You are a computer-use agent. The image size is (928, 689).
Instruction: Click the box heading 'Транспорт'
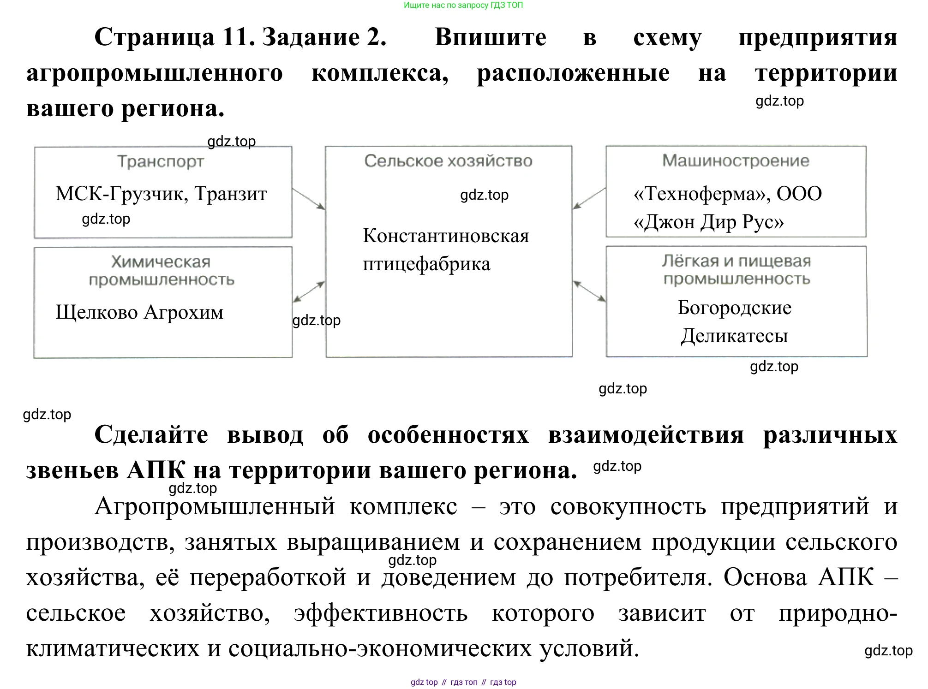[161, 161]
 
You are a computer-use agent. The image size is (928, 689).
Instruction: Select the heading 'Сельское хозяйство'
[448, 160]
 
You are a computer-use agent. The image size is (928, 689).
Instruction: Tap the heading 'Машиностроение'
[736, 160]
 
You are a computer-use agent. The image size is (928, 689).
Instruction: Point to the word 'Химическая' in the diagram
[161, 262]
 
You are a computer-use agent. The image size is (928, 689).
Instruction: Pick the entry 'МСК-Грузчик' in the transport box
[121, 194]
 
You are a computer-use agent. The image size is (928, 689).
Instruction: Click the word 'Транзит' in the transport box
[230, 194]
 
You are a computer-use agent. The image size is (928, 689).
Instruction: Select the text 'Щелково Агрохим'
[139, 312]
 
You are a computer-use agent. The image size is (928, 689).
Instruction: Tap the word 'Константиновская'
[446, 236]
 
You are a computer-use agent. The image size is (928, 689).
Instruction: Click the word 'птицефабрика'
[426, 264]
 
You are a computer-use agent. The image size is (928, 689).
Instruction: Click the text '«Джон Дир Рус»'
[708, 222]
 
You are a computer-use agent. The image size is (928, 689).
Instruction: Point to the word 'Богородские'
[734, 308]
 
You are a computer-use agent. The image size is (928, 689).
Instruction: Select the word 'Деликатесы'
[734, 336]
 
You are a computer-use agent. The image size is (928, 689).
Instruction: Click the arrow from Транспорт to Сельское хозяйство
[309, 199]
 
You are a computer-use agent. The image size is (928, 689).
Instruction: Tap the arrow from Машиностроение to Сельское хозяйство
[589, 198]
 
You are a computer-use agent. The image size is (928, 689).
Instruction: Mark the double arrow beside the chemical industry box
[309, 291]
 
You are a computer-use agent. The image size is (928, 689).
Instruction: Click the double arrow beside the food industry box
[589, 291]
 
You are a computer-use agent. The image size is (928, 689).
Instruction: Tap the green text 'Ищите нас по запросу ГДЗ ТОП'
[463, 6]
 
